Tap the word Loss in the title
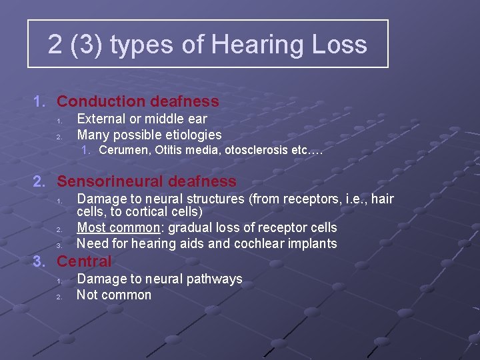click(x=341, y=45)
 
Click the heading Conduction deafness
click(x=137, y=101)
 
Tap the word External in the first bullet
click(x=101, y=119)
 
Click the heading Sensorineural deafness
click(x=146, y=181)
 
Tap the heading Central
click(x=84, y=261)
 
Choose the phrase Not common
click(x=114, y=295)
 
